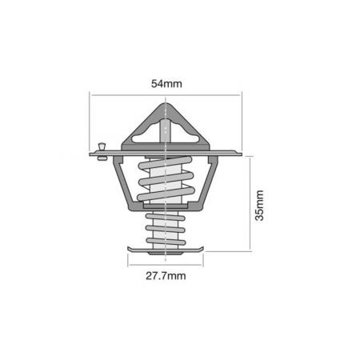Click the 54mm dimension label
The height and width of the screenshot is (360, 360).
tap(165, 83)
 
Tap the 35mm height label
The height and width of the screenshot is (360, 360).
tap(259, 204)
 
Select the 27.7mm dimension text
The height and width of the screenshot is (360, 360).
tap(165, 276)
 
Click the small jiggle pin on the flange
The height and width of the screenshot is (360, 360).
tap(101, 150)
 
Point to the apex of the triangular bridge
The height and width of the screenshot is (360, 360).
tap(165, 104)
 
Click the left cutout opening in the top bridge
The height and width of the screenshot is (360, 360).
tap(146, 136)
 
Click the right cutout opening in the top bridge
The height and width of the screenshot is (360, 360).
tap(184, 136)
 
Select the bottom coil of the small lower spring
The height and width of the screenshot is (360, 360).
tap(165, 241)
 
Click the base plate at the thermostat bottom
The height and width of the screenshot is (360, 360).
tap(165, 251)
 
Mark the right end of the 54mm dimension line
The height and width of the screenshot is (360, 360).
tap(241, 95)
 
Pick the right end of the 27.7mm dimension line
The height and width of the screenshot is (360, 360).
tap(203, 265)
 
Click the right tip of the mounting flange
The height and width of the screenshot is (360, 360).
tap(239, 152)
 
